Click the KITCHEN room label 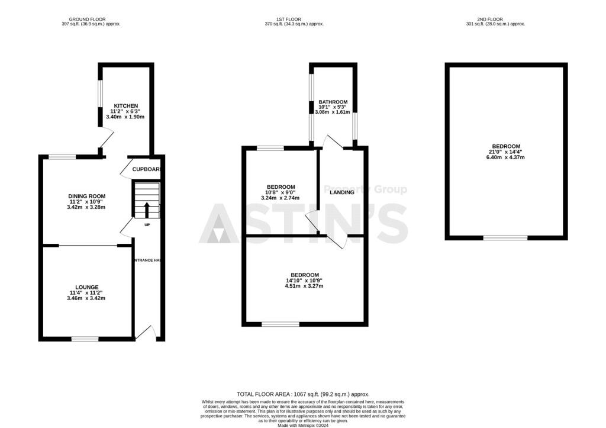[125, 106]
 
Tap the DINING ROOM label [86, 197]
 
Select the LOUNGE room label [86, 287]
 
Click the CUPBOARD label [147, 169]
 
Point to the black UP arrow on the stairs [147, 210]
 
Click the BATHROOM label [333, 102]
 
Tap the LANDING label [342, 192]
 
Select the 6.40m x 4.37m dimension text [505, 157]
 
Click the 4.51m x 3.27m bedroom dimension [304, 286]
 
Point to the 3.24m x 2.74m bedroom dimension [281, 198]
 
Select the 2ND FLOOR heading [496, 19]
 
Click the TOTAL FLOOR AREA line [303, 394]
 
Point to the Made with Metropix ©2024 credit [303, 423]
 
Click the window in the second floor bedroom [505, 238]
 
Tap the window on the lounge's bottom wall [85, 339]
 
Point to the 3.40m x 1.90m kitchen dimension [125, 117]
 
